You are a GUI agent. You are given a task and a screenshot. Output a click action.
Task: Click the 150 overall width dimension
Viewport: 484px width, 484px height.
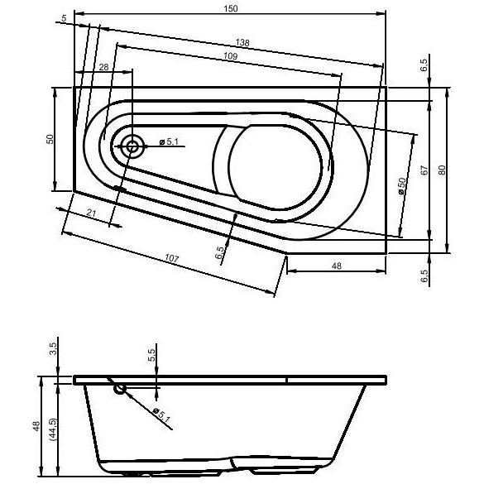(x=231, y=8)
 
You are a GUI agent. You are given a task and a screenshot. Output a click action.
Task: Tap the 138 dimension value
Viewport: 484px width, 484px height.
(x=242, y=42)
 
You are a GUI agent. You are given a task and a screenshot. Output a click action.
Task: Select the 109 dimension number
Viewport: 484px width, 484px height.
(x=230, y=56)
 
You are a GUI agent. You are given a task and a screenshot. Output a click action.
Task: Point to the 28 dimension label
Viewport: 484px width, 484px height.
(x=104, y=67)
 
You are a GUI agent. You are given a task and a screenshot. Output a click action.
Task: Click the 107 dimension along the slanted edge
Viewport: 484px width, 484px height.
(x=171, y=258)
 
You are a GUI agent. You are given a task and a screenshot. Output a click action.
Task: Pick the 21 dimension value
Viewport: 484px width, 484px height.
(x=91, y=213)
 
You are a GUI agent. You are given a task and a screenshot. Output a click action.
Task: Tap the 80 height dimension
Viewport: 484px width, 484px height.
(x=442, y=170)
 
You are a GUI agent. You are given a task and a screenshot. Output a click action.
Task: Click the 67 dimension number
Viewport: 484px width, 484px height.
(x=424, y=170)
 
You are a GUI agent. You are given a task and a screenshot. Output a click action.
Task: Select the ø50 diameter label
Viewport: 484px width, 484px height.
(x=401, y=186)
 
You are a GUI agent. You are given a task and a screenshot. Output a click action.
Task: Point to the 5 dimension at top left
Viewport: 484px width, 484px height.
(x=64, y=18)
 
